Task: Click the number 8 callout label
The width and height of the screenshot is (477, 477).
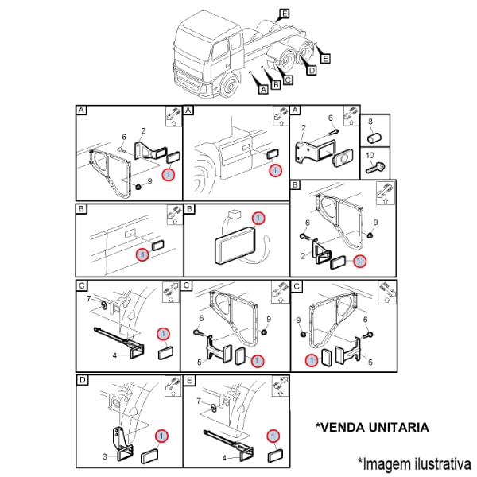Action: coord(370,122)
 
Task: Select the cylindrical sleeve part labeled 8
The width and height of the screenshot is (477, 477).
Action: coord(374,138)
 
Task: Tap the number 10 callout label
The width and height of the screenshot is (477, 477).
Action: coord(370,156)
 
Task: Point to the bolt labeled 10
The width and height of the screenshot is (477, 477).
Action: coord(375,168)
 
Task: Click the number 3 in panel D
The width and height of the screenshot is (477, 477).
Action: coord(104,456)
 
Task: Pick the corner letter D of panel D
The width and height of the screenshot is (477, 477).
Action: coord(82,380)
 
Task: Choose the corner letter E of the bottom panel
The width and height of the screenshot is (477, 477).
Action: coord(189,380)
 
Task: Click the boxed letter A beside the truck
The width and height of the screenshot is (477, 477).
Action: coord(263,89)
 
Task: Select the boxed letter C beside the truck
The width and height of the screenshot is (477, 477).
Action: coord(288,79)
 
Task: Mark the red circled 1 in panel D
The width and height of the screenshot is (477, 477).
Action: coord(161,436)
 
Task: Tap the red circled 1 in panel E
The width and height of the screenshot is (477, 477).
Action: coord(273,436)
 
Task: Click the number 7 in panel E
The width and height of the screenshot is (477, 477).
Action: coord(199,401)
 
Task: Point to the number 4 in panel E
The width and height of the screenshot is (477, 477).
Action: coord(224,458)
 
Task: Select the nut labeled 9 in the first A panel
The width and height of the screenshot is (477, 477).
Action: coord(138,187)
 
